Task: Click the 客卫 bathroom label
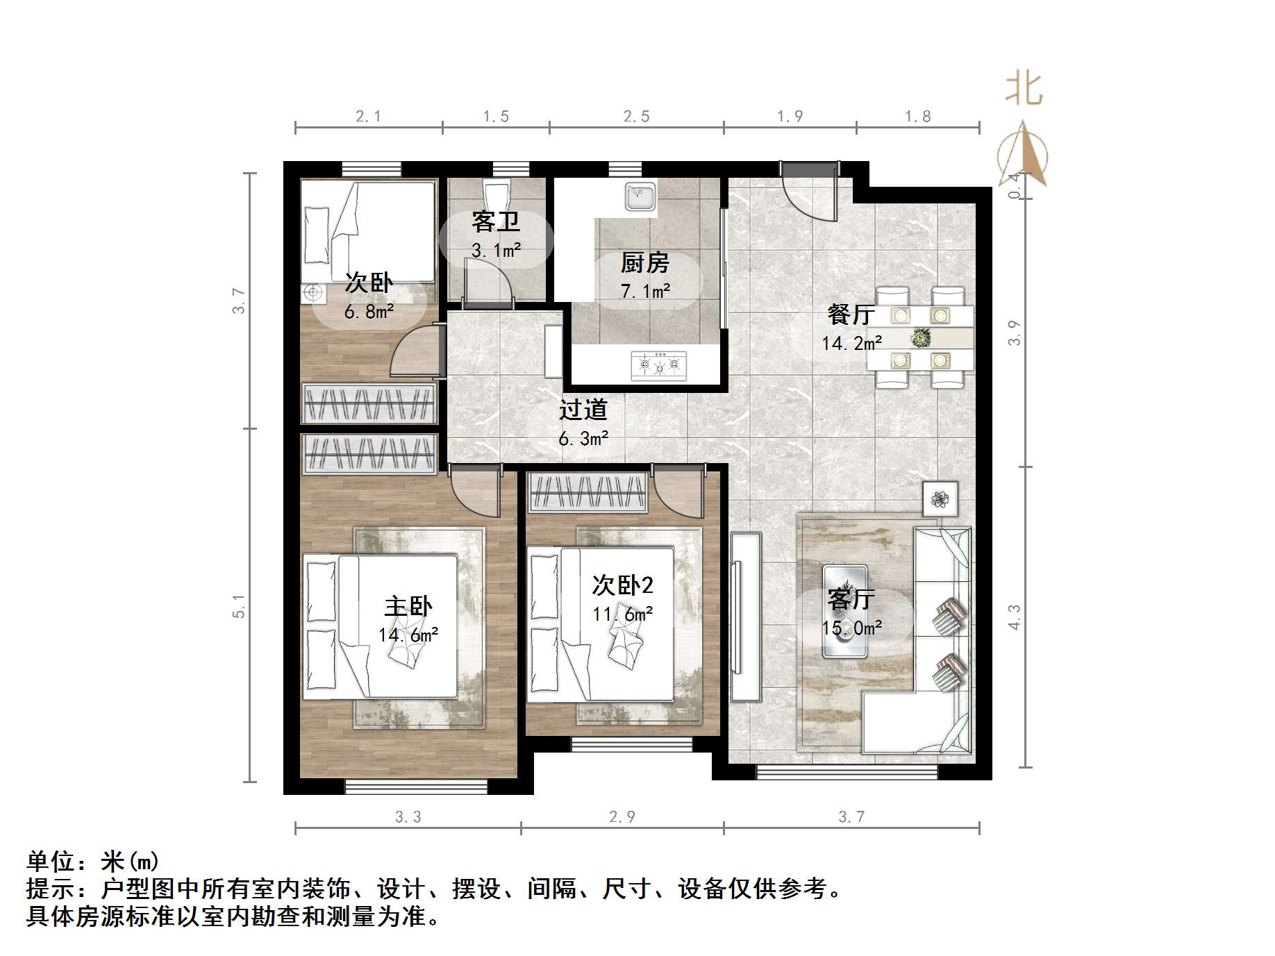click(495, 222)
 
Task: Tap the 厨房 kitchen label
click(644, 263)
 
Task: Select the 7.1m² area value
click(645, 291)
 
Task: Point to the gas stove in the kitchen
click(658, 364)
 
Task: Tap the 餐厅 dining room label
click(851, 315)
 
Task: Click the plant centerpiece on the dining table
click(921, 338)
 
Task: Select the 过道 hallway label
click(583, 410)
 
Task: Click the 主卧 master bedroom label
click(408, 606)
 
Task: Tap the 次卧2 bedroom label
click(622, 585)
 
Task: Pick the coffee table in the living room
click(844, 611)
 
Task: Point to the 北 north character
click(1024, 90)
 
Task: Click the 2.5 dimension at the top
click(636, 117)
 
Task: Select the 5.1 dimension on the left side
click(239, 605)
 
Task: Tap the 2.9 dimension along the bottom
click(622, 817)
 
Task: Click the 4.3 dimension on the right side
click(1015, 617)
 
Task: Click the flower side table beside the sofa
click(940, 498)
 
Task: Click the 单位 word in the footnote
click(51, 862)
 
